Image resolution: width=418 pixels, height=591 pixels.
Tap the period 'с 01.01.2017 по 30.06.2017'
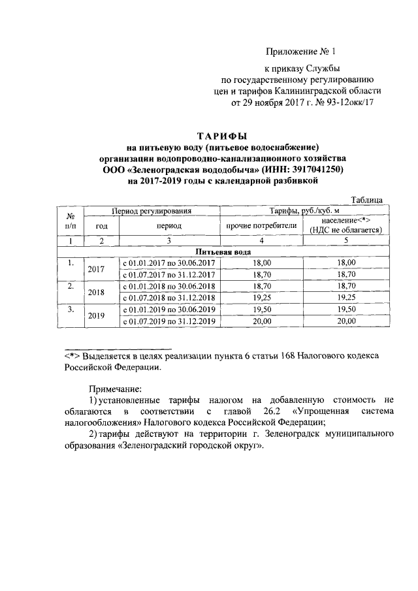coord(169,262)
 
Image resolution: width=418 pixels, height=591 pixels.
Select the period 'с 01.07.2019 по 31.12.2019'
coord(169,321)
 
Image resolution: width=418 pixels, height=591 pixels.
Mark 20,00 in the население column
coord(344,321)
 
